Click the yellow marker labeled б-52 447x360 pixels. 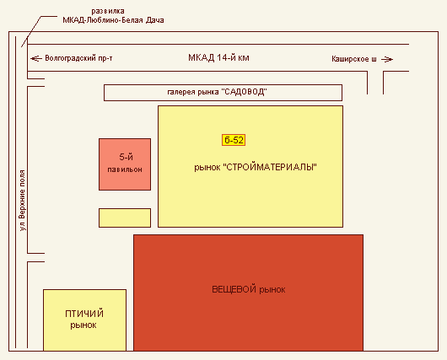point(234,140)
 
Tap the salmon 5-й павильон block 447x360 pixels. point(125,164)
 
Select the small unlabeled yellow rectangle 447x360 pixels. point(125,218)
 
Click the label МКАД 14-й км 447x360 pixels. point(218,58)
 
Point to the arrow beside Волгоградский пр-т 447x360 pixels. point(36,59)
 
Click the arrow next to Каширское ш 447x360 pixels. point(387,59)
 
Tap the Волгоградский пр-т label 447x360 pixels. point(78,58)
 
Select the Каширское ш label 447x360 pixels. point(353,59)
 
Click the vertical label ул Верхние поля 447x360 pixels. point(22,201)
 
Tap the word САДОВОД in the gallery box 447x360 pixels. point(245,92)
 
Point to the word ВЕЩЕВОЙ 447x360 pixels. point(234,289)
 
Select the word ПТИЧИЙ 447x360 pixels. point(84,314)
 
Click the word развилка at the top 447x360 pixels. point(108,11)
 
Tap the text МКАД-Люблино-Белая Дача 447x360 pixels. point(113,20)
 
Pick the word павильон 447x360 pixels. point(125,169)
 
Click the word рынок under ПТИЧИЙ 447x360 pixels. point(83,325)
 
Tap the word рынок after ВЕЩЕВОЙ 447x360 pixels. point(272,290)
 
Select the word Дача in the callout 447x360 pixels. point(155,20)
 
